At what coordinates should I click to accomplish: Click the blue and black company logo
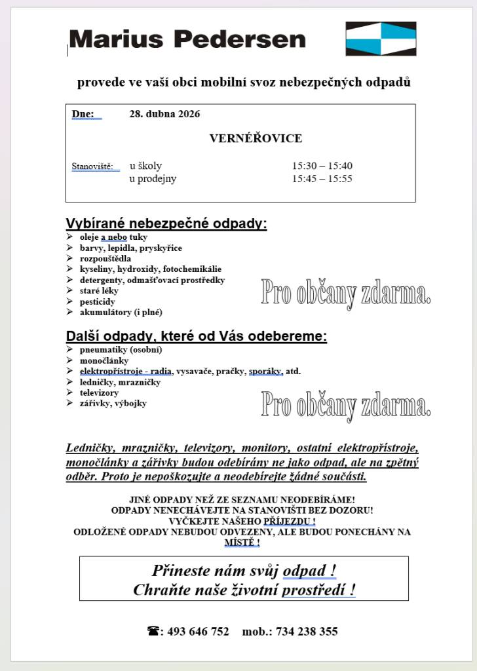381,39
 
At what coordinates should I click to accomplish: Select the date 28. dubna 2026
164,114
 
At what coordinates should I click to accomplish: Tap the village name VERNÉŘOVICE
256,138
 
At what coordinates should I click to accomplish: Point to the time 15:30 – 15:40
322,166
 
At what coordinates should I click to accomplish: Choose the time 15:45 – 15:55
322,179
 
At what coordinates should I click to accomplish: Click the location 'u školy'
145,166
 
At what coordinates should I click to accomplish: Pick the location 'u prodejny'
153,179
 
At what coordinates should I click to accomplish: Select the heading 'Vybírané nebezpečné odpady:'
166,223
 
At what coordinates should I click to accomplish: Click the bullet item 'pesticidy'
97,301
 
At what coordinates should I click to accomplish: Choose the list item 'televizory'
100,393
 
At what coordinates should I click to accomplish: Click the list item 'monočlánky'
104,360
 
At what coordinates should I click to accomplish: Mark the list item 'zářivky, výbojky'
113,404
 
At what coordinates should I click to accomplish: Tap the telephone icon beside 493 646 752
154,632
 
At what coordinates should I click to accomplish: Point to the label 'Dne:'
83,114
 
